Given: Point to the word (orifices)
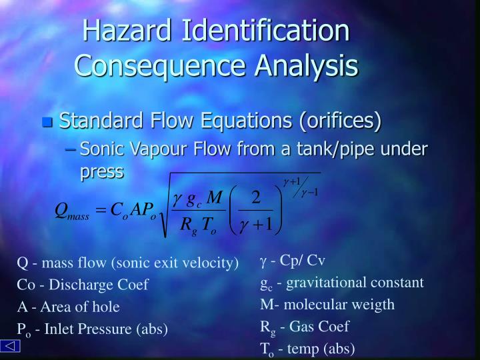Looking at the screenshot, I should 339,121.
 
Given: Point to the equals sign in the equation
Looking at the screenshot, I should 102,211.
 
